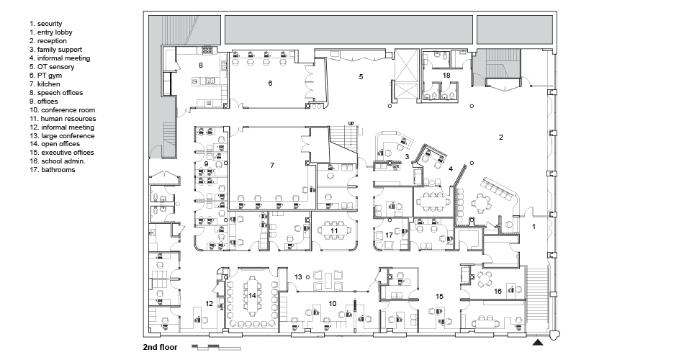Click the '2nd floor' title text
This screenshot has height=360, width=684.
click(x=161, y=348)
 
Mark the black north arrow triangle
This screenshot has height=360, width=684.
click(x=539, y=341)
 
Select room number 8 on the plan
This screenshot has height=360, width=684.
click(x=201, y=66)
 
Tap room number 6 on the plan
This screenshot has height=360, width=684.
click(x=270, y=84)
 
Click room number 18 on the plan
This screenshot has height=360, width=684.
click(x=446, y=75)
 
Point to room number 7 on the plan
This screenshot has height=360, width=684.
click(x=272, y=166)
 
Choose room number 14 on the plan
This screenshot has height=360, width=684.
click(x=253, y=295)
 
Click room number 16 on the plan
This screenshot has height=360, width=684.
click(x=498, y=291)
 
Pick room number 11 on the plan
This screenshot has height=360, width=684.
click(x=334, y=230)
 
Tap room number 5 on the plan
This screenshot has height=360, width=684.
click(x=361, y=76)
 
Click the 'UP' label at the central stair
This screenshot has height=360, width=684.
click(x=351, y=123)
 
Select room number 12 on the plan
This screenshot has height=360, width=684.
click(x=210, y=303)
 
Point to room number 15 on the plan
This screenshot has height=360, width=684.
click(x=438, y=296)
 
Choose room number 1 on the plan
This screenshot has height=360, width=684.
click(x=534, y=226)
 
